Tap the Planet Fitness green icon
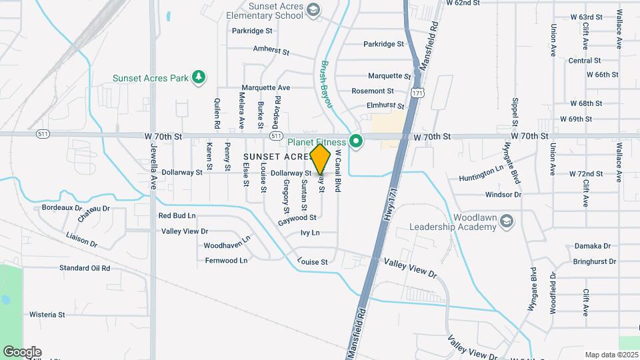357,141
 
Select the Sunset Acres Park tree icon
198,78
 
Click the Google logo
22,351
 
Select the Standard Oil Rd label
84,268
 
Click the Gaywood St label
297,218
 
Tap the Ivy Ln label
310,233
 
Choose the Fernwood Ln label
226,260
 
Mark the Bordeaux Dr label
62,207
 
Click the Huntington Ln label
481,179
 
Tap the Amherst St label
271,50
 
